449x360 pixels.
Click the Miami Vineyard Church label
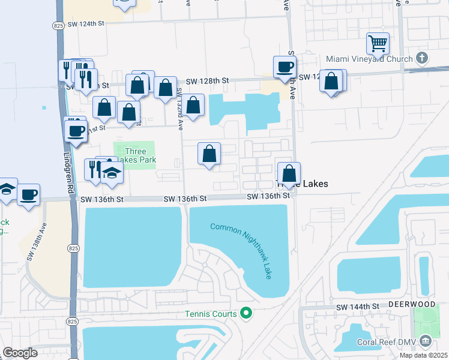[x=369, y=59]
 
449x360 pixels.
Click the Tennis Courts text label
[x=211, y=313]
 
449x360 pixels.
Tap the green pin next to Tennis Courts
[x=246, y=313]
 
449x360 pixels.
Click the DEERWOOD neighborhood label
[x=412, y=304]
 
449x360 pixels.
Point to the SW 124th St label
[x=86, y=23]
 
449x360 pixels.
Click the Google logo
[x=20, y=353]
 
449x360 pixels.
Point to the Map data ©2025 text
[x=423, y=355]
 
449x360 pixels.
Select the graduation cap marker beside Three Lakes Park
[x=112, y=173]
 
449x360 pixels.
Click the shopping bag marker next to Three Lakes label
[x=289, y=173]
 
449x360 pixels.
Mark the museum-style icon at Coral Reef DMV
[x=426, y=341]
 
